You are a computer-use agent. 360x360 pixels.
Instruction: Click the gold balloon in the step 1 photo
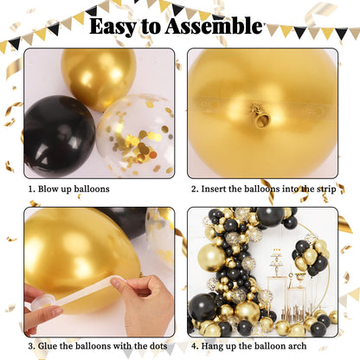[97, 80]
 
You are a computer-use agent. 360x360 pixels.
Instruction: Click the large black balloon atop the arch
[270, 216]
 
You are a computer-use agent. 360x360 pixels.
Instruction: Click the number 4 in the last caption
[192, 347]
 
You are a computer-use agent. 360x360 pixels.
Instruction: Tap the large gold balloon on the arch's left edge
[211, 257]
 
